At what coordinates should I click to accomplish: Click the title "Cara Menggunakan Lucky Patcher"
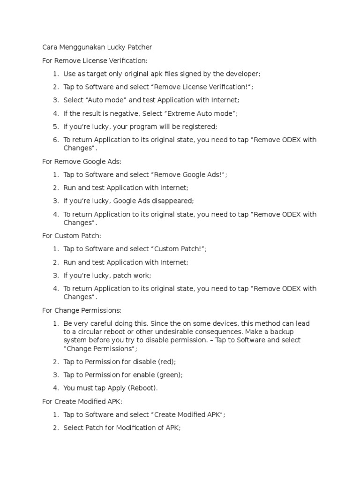tap(97, 47)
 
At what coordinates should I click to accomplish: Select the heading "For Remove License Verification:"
tap(95, 60)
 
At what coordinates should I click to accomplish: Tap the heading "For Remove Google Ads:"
tap(82, 161)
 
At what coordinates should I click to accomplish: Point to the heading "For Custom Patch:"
tap(72, 236)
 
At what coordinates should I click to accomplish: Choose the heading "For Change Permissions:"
tap(82, 310)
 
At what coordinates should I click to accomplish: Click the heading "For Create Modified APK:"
tap(82, 402)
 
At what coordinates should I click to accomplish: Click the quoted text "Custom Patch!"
tap(179, 249)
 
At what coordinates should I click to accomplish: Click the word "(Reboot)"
tap(142, 388)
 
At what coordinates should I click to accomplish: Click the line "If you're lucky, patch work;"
tap(107, 275)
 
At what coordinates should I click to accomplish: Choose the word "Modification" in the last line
tap(136, 428)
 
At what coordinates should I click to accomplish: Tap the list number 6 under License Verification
tap(55, 140)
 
